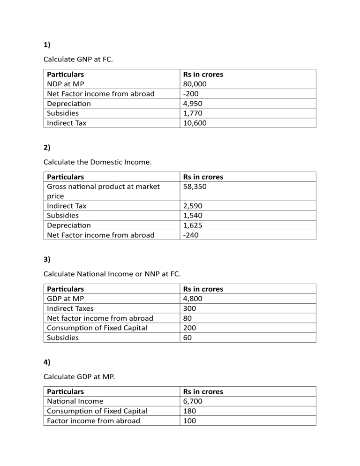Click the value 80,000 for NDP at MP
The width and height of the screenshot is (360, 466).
(x=195, y=84)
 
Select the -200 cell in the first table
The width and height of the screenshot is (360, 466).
(x=191, y=94)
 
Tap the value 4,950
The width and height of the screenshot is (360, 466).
(x=193, y=104)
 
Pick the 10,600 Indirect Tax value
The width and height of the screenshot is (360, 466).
(x=195, y=123)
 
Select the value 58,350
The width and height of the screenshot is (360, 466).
(x=195, y=187)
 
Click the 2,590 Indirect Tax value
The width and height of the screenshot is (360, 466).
(x=193, y=206)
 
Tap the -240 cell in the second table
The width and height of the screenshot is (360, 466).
(x=191, y=235)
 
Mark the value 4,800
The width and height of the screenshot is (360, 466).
(x=193, y=299)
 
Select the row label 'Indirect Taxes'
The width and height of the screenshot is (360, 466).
(x=70, y=308)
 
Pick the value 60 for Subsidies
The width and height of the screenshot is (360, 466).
(x=187, y=338)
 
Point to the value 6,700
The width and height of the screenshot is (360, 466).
(x=193, y=401)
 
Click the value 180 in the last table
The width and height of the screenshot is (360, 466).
(x=189, y=411)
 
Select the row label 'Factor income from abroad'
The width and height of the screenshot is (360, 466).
(x=94, y=421)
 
